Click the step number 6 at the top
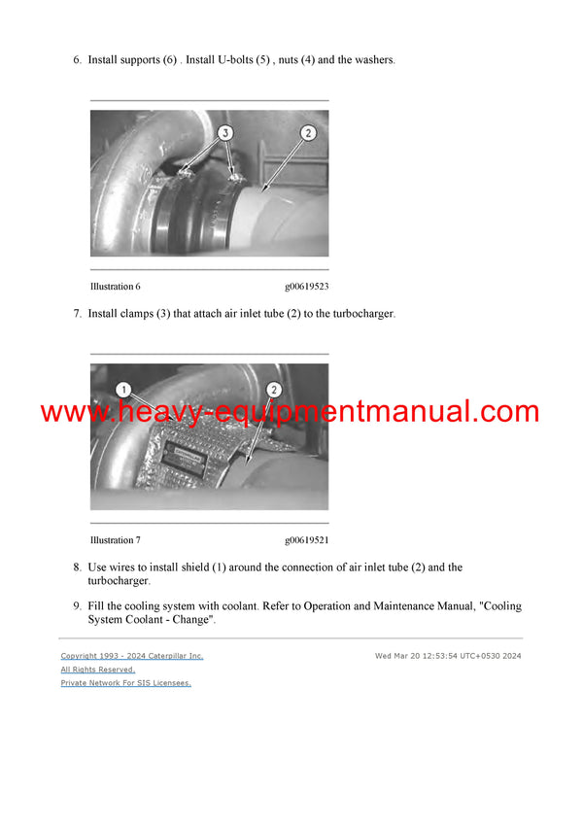pos(77,60)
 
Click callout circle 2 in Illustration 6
pos(308,133)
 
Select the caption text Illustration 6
pos(116,287)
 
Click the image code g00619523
pos(306,287)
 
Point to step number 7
pos(77,314)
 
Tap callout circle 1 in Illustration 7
pos(122,390)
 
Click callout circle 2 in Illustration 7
pos(273,390)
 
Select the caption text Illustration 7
pos(116,540)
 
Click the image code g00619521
pos(306,540)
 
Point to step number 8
pos(77,567)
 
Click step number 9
pos(77,606)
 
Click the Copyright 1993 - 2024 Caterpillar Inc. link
pos(132,656)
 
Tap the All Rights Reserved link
pos(98,670)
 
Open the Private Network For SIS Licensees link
pos(126,683)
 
